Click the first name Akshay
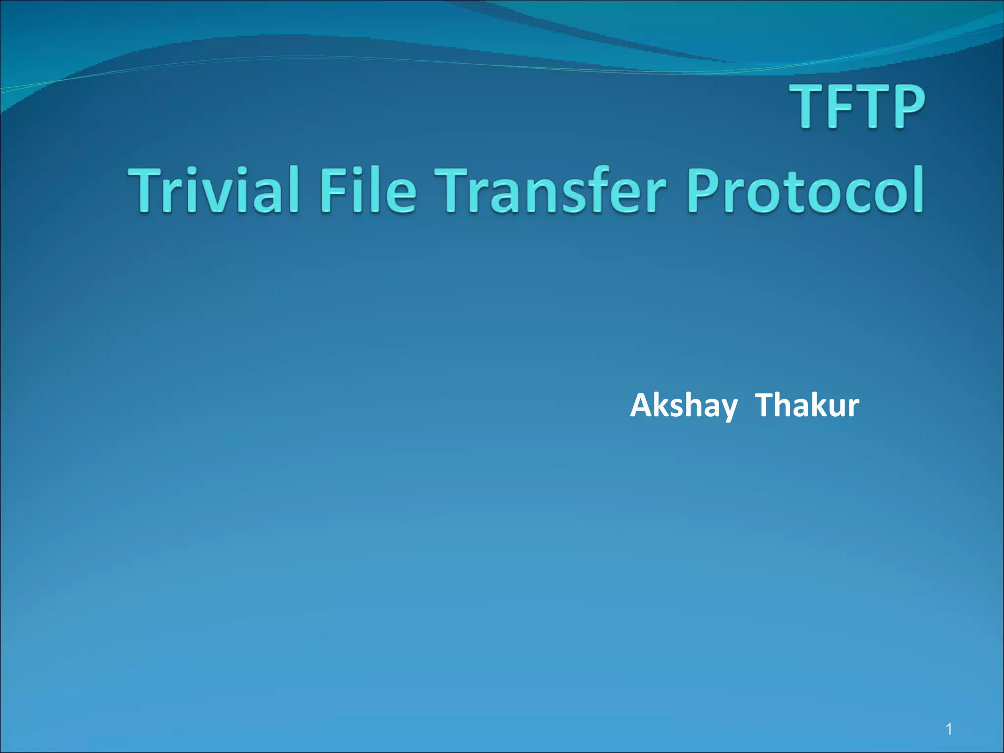(683, 406)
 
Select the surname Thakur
(807, 406)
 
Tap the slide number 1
(949, 729)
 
